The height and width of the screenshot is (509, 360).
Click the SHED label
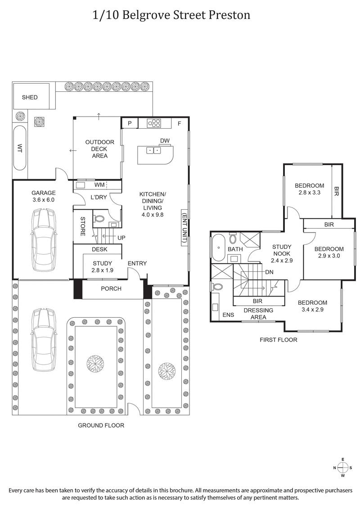tap(30, 98)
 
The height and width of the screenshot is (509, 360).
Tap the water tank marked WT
tap(20, 148)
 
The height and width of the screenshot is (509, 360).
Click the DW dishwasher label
tap(165, 141)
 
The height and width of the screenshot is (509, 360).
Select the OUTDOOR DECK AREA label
tap(99, 149)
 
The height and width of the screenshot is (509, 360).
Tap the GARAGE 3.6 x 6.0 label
tap(43, 196)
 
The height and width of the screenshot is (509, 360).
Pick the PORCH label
tap(111, 288)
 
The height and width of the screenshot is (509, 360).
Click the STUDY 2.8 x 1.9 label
tap(102, 266)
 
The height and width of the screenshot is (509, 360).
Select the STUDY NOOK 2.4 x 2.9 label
tap(282, 253)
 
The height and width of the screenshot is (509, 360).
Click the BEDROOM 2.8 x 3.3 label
tap(309, 189)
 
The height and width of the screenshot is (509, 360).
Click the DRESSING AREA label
tap(258, 314)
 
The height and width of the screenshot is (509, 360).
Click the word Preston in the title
tap(229, 15)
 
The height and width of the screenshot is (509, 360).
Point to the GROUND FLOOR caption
tap(101, 425)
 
